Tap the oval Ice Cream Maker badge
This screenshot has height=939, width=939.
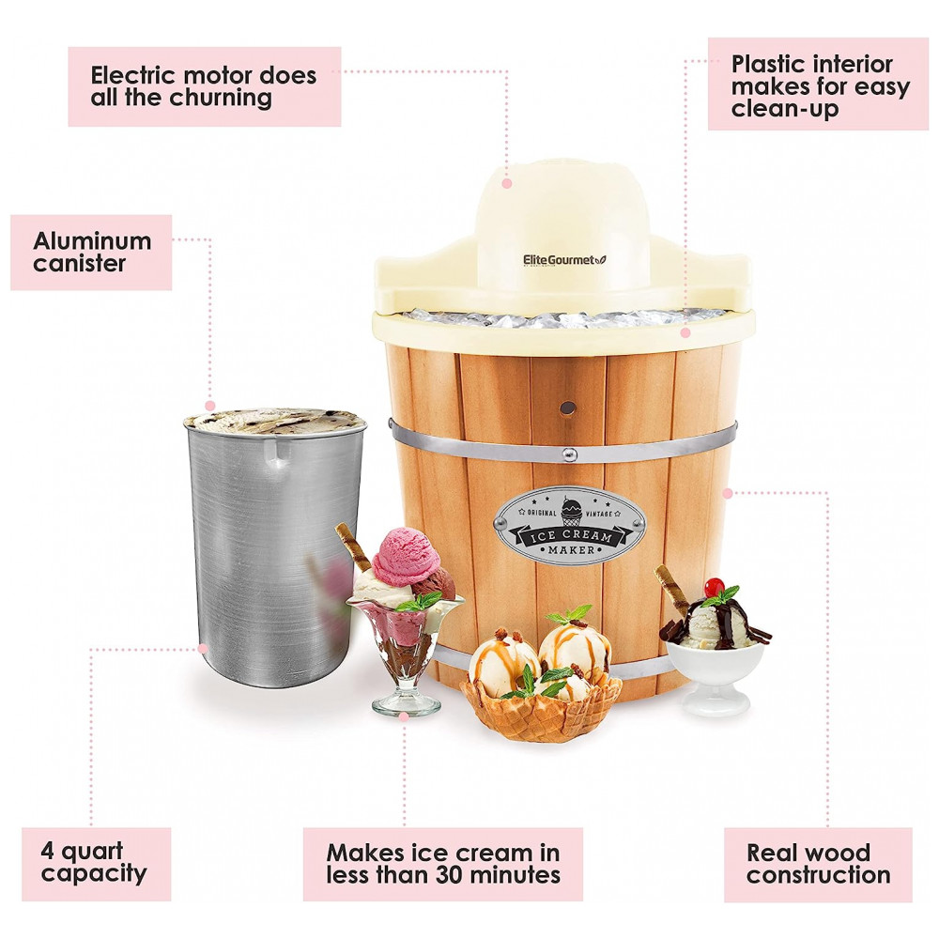pyautogui.click(x=571, y=526)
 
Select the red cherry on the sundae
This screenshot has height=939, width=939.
pyautogui.click(x=714, y=587)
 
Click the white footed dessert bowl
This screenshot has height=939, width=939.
pyautogui.click(x=716, y=678)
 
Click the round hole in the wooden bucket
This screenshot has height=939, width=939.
pyautogui.click(x=568, y=408)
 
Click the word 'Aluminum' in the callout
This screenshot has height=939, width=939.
pyautogui.click(x=92, y=241)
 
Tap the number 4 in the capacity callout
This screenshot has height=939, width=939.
pyautogui.click(x=47, y=851)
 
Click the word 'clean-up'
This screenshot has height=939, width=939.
pyautogui.click(x=784, y=110)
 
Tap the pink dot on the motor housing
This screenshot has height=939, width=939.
pyautogui.click(x=507, y=183)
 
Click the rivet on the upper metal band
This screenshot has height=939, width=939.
pyautogui.click(x=570, y=454)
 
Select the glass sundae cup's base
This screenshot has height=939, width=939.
pyautogui.click(x=407, y=705)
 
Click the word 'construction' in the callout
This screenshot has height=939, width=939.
pyautogui.click(x=818, y=875)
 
